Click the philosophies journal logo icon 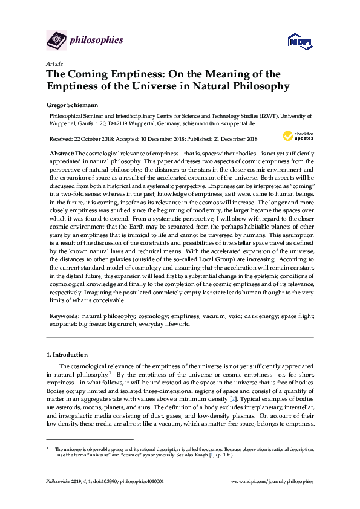click(x=56, y=40)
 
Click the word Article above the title click(x=54, y=63)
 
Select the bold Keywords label click(x=64, y=316)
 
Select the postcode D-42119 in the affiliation click(x=134, y=122)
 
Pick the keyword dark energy click(x=241, y=316)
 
